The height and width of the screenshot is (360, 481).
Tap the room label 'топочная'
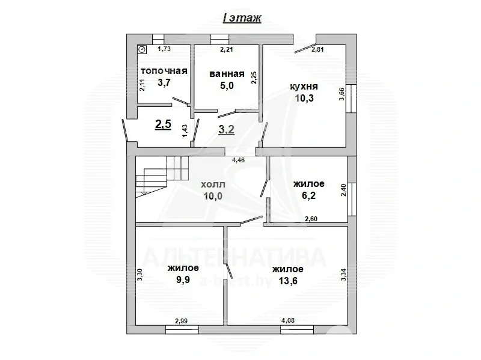pyautogui.click(x=164, y=71)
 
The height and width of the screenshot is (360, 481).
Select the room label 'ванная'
pyautogui.click(x=227, y=75)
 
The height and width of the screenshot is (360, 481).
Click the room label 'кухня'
pyautogui.click(x=305, y=88)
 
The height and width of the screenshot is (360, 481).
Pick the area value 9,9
pyautogui.click(x=183, y=280)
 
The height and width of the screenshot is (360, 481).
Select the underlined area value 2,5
pyautogui.click(x=164, y=124)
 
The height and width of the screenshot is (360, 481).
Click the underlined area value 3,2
pyautogui.click(x=227, y=129)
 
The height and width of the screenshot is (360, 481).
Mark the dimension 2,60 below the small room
pyautogui.click(x=311, y=219)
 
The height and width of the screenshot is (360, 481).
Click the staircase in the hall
pyautogui.click(x=161, y=175)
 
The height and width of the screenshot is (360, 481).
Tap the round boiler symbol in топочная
pyautogui.click(x=142, y=50)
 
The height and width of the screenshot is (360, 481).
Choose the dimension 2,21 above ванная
pyautogui.click(x=227, y=49)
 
